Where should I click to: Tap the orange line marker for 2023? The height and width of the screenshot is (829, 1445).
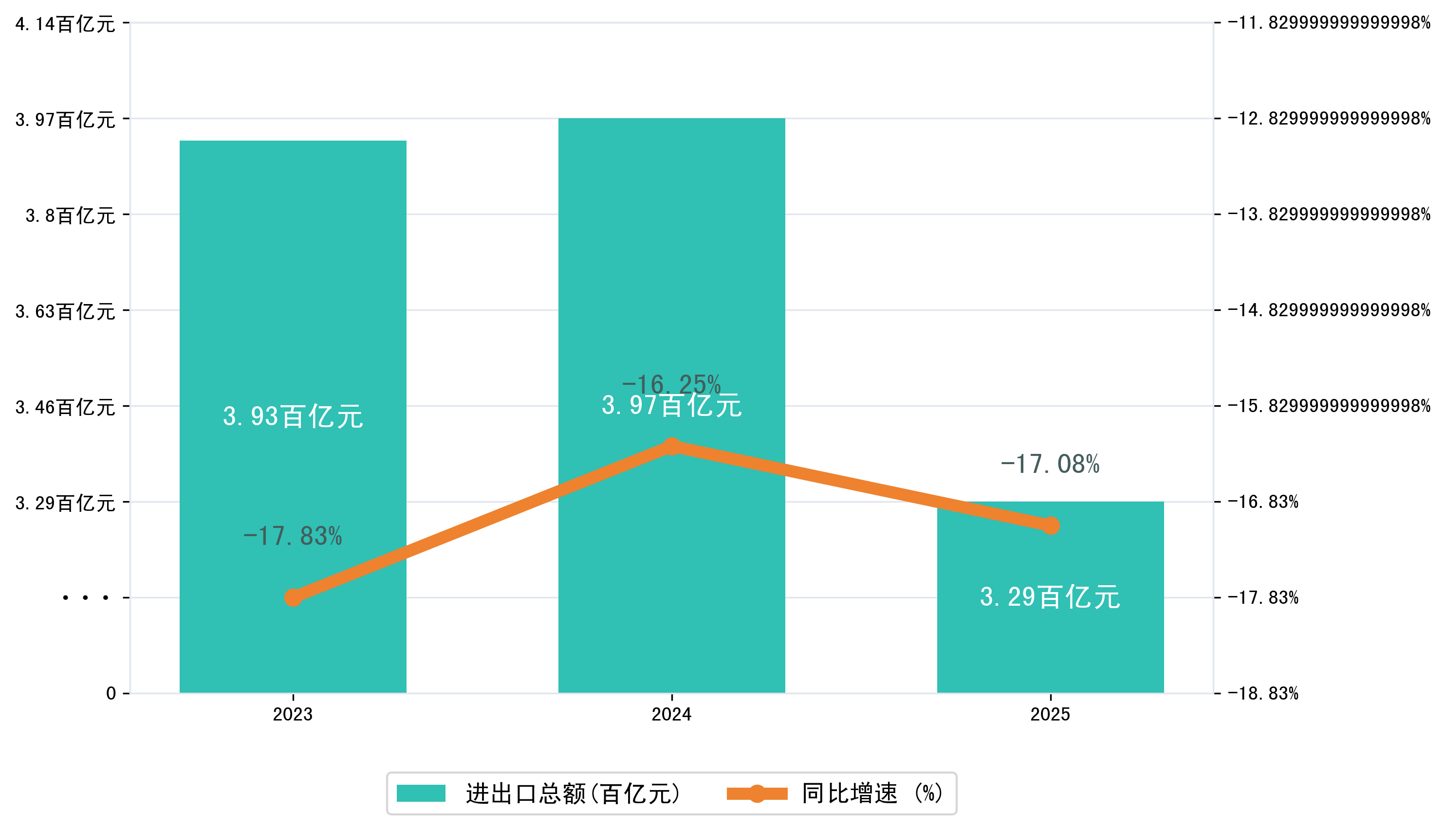(x=293, y=598)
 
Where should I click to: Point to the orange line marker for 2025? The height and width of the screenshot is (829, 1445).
(x=1050, y=525)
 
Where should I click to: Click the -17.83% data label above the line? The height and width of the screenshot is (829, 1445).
(x=293, y=536)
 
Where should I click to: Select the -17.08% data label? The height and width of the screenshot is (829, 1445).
(x=1050, y=464)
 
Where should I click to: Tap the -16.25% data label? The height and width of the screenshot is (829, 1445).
(x=672, y=384)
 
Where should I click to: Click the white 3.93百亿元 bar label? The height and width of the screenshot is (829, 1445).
(x=293, y=417)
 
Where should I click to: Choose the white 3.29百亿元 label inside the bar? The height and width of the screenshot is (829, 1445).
(x=1050, y=597)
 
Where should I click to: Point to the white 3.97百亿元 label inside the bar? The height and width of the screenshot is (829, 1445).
(x=672, y=406)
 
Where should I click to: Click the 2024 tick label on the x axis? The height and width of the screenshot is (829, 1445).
(x=672, y=715)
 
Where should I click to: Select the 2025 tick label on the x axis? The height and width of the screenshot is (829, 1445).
(x=1050, y=715)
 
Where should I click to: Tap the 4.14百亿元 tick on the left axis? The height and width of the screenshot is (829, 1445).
(x=65, y=24)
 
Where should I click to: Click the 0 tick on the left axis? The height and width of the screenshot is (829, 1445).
(x=111, y=693)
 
